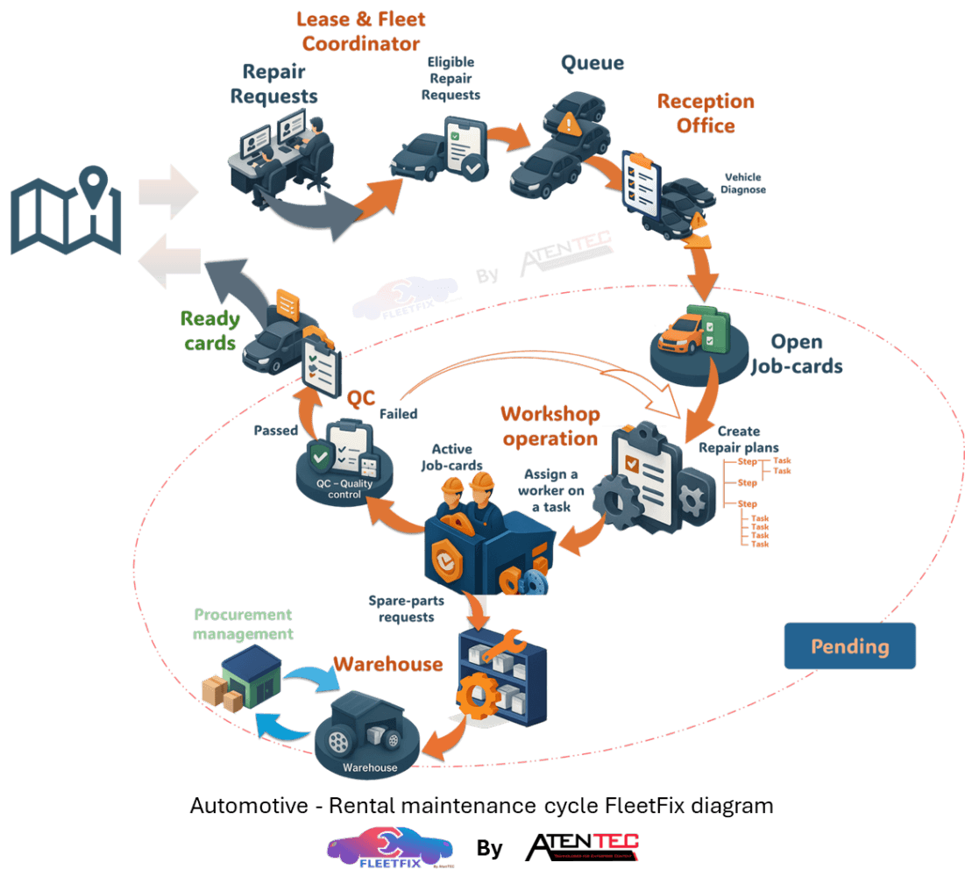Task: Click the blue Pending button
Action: click(849, 646)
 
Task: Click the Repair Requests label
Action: click(273, 83)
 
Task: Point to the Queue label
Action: click(592, 63)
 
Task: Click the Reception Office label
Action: click(706, 113)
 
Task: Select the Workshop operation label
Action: click(550, 425)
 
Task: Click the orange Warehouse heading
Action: click(387, 664)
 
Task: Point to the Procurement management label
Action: click(243, 624)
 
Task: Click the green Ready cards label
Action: click(210, 331)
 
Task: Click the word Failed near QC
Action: click(398, 413)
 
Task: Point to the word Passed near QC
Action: click(276, 431)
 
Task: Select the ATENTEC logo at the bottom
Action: click(581, 846)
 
